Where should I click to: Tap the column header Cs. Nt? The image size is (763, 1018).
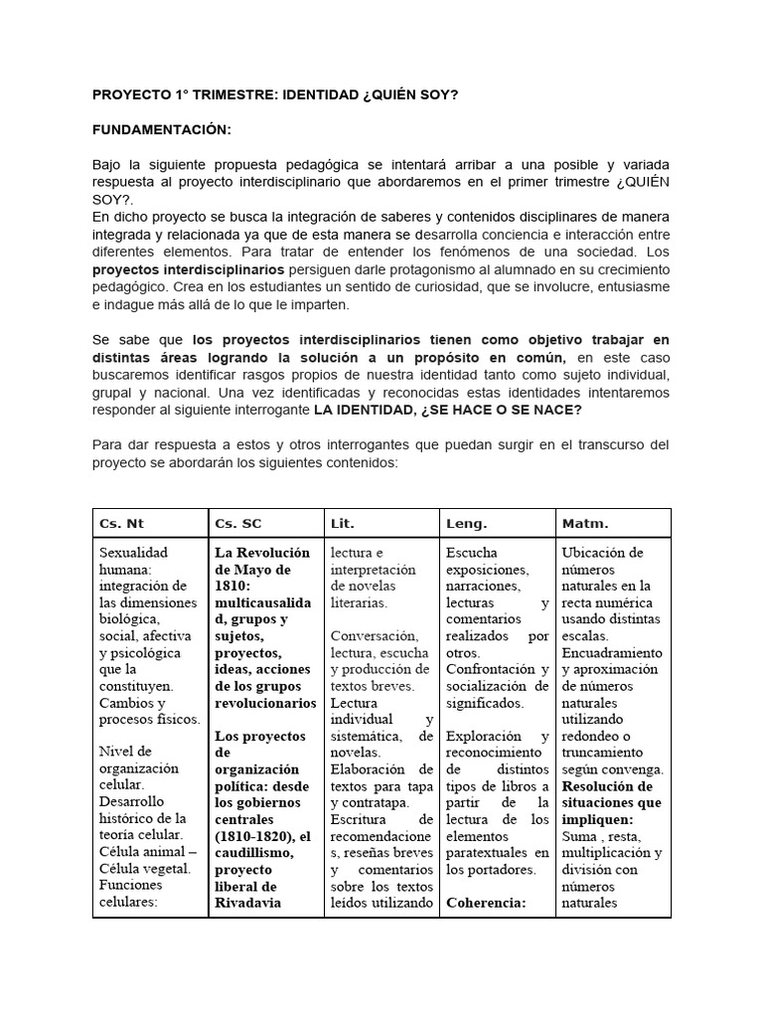pos(122,523)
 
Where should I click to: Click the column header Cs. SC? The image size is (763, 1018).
pos(237,523)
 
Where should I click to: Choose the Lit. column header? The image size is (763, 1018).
pos(343,523)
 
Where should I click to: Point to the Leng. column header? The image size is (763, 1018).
pos(467,523)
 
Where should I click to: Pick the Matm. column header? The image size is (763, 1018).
pos(585,523)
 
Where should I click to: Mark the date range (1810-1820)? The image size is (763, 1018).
pos(254,835)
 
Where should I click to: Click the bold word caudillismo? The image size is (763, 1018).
pos(254,852)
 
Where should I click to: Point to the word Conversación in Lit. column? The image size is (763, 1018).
pos(374,635)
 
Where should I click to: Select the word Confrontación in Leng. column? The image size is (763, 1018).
pos(489,669)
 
